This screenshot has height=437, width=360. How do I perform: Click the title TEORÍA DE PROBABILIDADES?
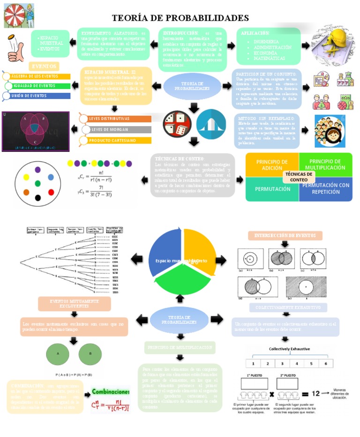(180, 18)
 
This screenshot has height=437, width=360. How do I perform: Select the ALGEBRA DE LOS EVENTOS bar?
(37, 76)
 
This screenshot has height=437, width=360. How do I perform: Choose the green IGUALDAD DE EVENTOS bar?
(37, 86)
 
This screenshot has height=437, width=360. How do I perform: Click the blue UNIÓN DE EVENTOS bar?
(37, 96)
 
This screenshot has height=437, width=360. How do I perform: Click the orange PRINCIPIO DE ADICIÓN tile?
(272, 164)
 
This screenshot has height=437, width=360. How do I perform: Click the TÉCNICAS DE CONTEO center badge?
(299, 177)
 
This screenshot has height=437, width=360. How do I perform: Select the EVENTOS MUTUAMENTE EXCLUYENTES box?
(75, 303)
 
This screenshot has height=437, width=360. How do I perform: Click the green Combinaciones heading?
(111, 391)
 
